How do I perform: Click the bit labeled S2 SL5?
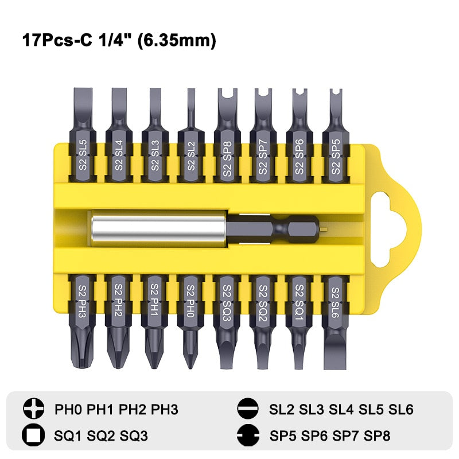(x=83, y=135)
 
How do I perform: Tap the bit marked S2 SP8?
(x=227, y=135)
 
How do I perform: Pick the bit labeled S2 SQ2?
(x=263, y=321)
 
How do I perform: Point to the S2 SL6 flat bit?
(x=335, y=322)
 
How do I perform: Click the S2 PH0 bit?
(x=190, y=321)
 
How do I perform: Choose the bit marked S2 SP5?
(x=336, y=135)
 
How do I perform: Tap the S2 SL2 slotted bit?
(x=191, y=135)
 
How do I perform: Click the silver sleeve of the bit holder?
(x=159, y=229)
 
